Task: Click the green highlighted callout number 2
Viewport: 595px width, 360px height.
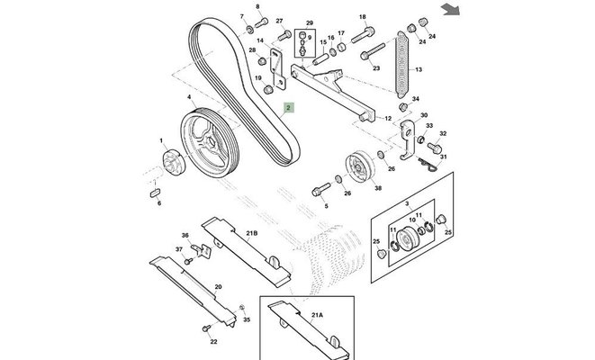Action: pos(288,108)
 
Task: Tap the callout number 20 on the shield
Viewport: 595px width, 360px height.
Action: pos(217,287)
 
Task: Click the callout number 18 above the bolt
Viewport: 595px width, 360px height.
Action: pos(363,17)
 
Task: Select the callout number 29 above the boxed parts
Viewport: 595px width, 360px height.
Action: pos(310,22)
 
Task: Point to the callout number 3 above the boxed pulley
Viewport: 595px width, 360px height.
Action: pos(406,206)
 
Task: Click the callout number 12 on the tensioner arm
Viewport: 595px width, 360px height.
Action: pos(389,119)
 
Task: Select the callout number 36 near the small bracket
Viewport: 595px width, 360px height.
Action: pos(185,236)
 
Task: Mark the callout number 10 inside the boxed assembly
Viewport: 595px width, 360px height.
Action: pos(412,218)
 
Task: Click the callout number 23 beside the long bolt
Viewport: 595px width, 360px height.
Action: pos(376,67)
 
